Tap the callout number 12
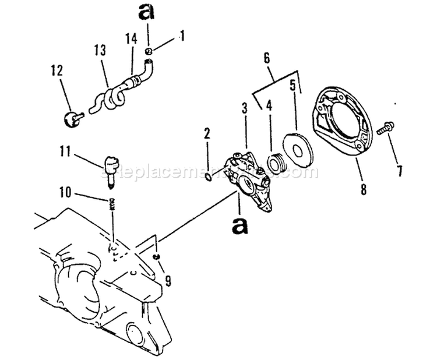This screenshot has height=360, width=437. click(x=56, y=72)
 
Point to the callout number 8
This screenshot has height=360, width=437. click(x=363, y=189)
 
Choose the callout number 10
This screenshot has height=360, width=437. click(x=66, y=191)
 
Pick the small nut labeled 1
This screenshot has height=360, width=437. click(x=149, y=52)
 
